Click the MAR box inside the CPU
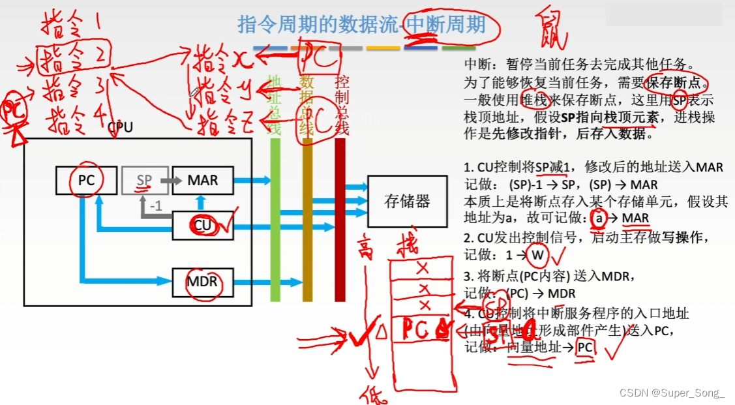click(x=203, y=179)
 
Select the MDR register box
click(x=202, y=283)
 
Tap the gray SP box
click(x=145, y=179)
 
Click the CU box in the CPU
click(x=203, y=226)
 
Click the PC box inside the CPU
click(x=86, y=179)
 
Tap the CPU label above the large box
click(x=120, y=127)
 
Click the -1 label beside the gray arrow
click(x=157, y=207)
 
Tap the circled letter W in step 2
click(x=537, y=255)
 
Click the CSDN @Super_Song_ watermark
click(x=671, y=393)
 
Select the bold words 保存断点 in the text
click(x=676, y=83)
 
